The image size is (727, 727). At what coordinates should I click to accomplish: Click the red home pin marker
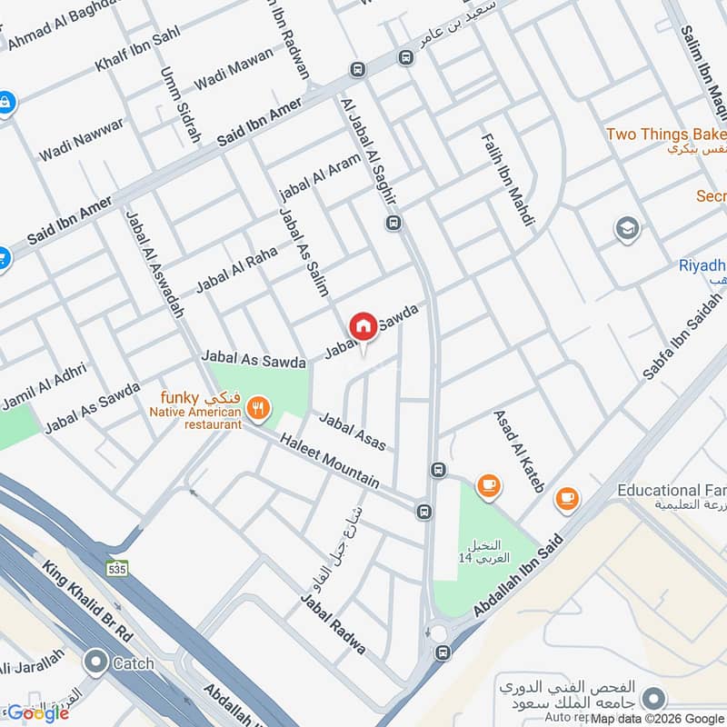pos(363,326)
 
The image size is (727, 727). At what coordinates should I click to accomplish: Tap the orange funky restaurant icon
pos(259,409)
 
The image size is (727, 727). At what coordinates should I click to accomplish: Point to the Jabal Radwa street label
pos(334,624)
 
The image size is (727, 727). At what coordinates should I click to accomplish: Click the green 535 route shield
pos(115,569)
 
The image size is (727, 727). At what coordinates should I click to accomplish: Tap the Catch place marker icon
pos(95,662)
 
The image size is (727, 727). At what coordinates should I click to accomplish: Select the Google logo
pos(38,713)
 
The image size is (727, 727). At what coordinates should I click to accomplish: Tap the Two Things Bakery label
pos(665,134)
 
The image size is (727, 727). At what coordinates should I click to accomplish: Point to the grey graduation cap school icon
pos(627,229)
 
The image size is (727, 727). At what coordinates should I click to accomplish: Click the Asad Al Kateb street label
pos(518,451)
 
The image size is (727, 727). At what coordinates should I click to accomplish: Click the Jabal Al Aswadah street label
pos(154,264)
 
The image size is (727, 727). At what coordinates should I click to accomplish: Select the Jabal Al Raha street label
pos(235,269)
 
